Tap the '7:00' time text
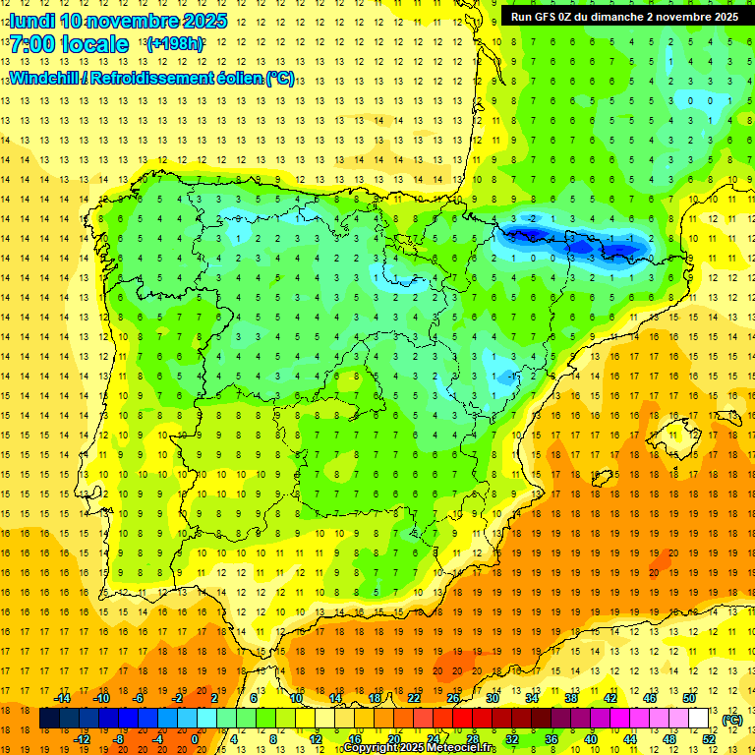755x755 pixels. (33, 44)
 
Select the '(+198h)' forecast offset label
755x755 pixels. (174, 44)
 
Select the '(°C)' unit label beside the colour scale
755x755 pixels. (731, 720)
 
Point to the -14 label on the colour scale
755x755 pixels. (62, 698)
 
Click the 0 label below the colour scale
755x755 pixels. (195, 739)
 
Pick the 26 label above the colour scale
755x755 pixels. (452, 698)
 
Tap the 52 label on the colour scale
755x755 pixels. (709, 739)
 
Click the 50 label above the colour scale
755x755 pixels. (688, 698)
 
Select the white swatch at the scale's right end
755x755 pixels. (698, 719)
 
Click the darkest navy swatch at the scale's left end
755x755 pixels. (49, 719)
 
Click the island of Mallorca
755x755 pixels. (682, 430)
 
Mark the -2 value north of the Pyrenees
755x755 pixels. (532, 218)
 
